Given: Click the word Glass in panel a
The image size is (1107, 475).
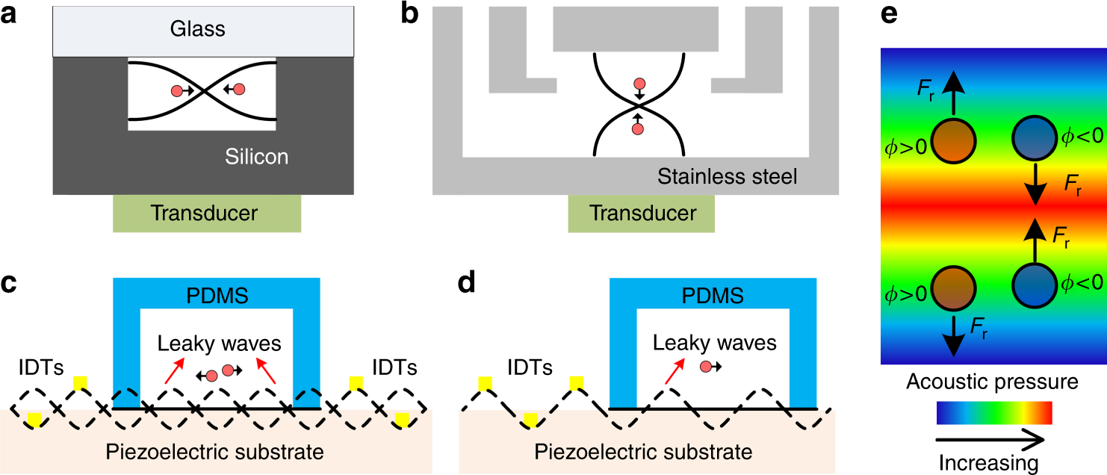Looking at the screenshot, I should [x=196, y=30].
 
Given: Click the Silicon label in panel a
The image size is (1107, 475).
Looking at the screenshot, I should [x=257, y=157].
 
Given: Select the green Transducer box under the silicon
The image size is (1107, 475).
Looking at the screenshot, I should [x=207, y=214].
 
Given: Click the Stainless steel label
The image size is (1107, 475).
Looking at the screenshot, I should [x=727, y=177].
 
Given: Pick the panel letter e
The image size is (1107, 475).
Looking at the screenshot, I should [x=889, y=15].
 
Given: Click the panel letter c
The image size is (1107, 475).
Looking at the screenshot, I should [x=9, y=285].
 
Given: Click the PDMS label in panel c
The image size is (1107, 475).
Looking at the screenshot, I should [x=217, y=295].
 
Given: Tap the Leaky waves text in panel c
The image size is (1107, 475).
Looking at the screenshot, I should [x=219, y=343].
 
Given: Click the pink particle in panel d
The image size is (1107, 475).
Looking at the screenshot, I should [x=706, y=367].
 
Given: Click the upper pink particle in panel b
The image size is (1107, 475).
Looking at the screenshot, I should [x=638, y=85].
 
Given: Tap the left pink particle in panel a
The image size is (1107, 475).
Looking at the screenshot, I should [x=177, y=91].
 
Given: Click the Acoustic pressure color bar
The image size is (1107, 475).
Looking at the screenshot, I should [x=993, y=412].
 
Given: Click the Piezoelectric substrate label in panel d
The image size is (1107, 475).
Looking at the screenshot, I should [x=644, y=452].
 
